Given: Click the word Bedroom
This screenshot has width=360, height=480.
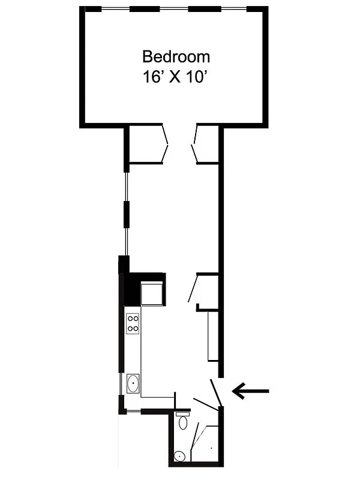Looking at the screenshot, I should coord(176,57).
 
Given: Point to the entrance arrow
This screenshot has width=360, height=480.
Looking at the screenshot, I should coord(251,392).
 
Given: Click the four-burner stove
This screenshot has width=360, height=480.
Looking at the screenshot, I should coord(133,324).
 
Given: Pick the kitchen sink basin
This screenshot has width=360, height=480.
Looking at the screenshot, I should coord(133,382).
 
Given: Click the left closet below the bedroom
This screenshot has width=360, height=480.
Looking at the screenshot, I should coord(146,143).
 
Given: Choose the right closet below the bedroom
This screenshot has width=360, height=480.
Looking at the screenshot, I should coord(206,143).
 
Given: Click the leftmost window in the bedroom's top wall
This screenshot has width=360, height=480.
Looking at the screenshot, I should coord(114,9).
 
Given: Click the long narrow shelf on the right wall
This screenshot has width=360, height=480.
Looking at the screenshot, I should coord(212,336).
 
